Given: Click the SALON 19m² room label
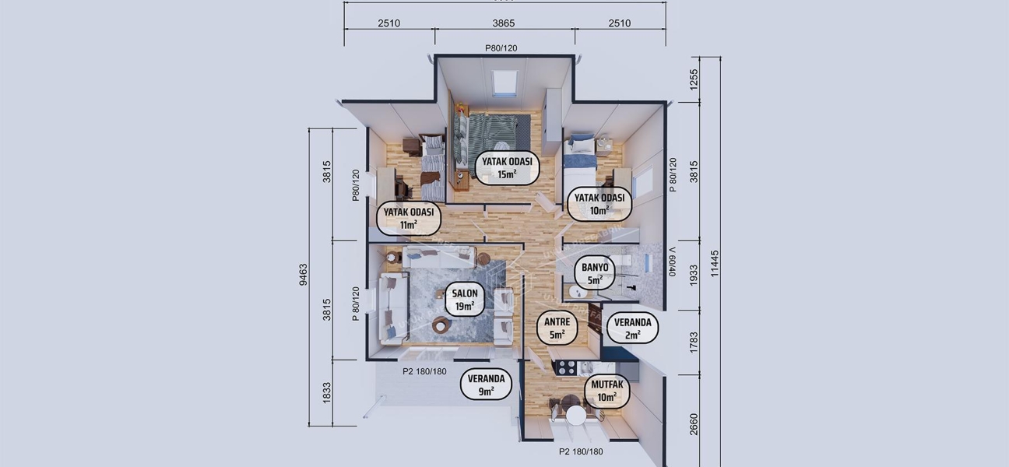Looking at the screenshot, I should pos(465,300).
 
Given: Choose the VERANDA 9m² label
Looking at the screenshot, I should pos(486,385).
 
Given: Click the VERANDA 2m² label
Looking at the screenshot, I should pos(633,328).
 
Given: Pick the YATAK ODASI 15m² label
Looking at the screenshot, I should pos(507,167).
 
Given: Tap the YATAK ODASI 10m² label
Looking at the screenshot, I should pos(599,203).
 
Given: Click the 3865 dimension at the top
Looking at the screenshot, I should pos(504,23).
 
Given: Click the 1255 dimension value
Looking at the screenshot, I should pos(694,79).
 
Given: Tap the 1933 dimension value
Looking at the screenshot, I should pos(694,275).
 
